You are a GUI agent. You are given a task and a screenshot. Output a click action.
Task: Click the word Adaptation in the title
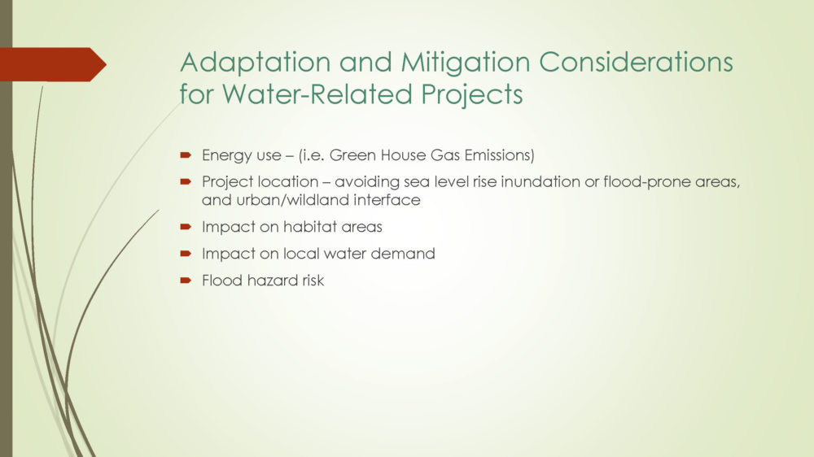point(255,63)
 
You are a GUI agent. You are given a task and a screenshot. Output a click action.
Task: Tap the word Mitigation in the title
point(465,63)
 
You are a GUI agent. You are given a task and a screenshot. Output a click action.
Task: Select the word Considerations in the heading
point(636,62)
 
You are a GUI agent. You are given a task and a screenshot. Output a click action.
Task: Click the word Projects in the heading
point(472,95)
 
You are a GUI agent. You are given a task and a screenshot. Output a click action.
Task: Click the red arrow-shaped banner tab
point(53,64)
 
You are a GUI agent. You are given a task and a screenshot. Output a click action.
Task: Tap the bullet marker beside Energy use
point(186,155)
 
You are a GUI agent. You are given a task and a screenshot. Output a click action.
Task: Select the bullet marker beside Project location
point(186,181)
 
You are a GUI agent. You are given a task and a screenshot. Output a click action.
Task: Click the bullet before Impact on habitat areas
point(186,227)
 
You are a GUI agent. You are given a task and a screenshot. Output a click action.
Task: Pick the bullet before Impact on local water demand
point(186,254)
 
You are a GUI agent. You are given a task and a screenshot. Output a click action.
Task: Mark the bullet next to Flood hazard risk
point(186,281)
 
